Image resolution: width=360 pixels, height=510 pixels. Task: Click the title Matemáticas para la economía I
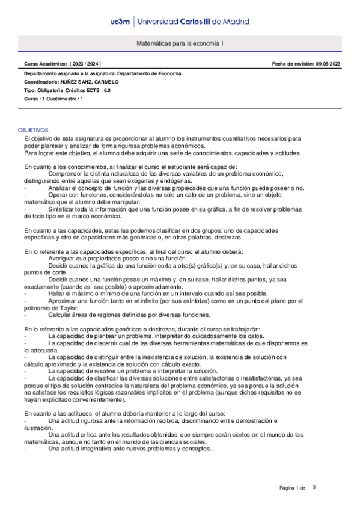[180, 45]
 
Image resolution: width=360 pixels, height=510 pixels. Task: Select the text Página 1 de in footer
[293, 487]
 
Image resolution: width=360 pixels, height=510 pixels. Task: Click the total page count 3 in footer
[314, 487]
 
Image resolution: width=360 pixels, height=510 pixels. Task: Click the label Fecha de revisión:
[291, 63]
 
